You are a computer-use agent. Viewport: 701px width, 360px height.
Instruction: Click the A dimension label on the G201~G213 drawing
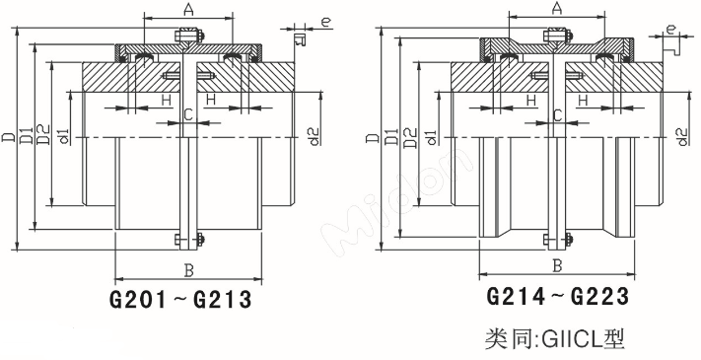click(187, 9)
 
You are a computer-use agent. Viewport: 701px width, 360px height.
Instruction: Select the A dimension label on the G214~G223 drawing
click(556, 9)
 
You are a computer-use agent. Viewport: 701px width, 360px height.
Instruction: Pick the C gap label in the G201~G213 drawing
click(187, 116)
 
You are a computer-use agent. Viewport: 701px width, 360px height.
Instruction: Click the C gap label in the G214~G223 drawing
click(557, 116)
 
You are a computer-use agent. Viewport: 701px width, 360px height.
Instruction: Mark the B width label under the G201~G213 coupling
click(187, 269)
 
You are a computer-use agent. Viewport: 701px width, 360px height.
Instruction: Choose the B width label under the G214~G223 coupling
click(557, 265)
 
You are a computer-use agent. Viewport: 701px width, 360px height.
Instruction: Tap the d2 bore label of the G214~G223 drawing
click(682, 134)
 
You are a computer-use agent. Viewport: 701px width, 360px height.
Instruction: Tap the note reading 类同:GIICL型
click(556, 339)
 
